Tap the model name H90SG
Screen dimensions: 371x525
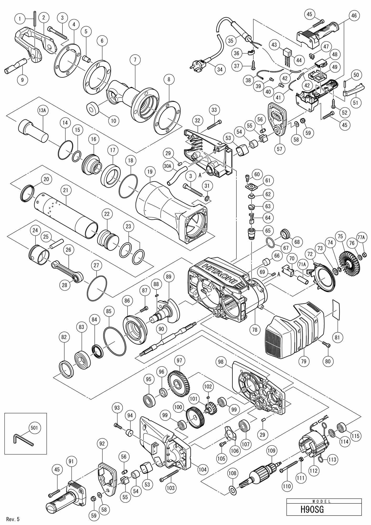[312, 510]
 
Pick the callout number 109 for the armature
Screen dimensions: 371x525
[271, 451]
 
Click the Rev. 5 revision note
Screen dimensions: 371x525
[13, 519]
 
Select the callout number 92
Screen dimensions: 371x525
[102, 443]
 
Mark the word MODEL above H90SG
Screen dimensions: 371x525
[324, 501]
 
